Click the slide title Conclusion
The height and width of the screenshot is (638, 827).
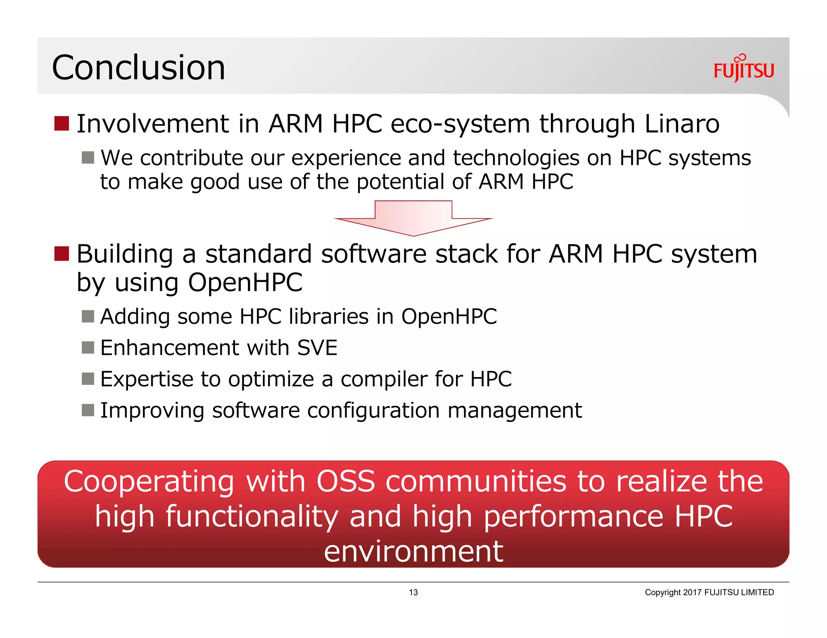(138, 67)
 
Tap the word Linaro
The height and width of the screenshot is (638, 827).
(682, 123)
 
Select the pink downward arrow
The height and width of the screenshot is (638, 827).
(413, 218)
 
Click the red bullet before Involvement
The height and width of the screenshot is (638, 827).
(62, 123)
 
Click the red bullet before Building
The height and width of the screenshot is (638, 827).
(62, 254)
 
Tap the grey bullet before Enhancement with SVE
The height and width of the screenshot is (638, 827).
(88, 347)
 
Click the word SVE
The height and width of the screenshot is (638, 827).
(317, 348)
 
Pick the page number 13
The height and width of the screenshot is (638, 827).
(413, 592)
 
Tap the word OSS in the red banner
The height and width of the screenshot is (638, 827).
(346, 481)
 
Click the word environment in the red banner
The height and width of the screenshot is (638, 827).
(413, 551)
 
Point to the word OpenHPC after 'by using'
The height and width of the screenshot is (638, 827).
(245, 282)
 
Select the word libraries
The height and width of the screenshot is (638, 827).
(328, 316)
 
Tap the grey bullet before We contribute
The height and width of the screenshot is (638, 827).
(88, 157)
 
